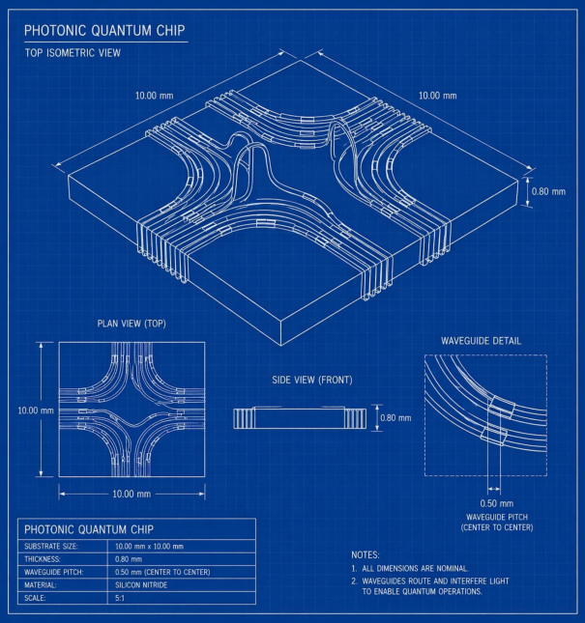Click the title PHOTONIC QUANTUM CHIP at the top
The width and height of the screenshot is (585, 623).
[104, 31]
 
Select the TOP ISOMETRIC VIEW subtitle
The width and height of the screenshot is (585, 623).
[73, 53]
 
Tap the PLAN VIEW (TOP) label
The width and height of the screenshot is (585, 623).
[132, 324]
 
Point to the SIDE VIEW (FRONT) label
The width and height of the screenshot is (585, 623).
[312, 380]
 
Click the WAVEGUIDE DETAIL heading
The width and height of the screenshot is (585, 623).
[481, 341]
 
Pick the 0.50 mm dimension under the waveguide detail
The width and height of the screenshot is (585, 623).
[497, 503]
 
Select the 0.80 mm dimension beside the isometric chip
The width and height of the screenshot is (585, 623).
[548, 191]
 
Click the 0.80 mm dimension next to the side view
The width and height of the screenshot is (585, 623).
[395, 418]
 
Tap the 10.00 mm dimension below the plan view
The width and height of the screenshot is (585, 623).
[132, 494]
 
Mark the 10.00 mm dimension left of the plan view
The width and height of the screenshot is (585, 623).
[36, 411]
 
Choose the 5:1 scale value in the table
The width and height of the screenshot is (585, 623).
[120, 598]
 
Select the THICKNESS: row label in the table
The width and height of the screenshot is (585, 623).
[43, 559]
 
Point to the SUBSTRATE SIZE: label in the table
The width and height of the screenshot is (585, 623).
[51, 547]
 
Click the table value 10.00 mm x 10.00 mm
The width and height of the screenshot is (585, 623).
[149, 547]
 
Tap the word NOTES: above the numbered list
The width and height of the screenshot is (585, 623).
[366, 554]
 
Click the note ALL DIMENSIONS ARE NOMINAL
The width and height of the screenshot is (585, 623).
[415, 568]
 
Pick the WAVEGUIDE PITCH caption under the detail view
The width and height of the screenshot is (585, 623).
[497, 517]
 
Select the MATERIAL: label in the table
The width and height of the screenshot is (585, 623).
[41, 585]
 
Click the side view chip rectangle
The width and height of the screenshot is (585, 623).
[299, 418]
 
